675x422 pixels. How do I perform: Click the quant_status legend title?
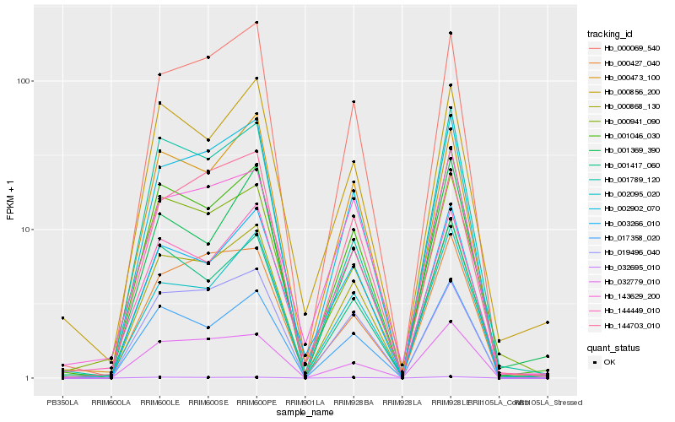click(613, 347)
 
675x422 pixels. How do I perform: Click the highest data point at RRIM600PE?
click(256, 23)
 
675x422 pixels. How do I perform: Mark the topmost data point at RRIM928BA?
click(354, 101)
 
